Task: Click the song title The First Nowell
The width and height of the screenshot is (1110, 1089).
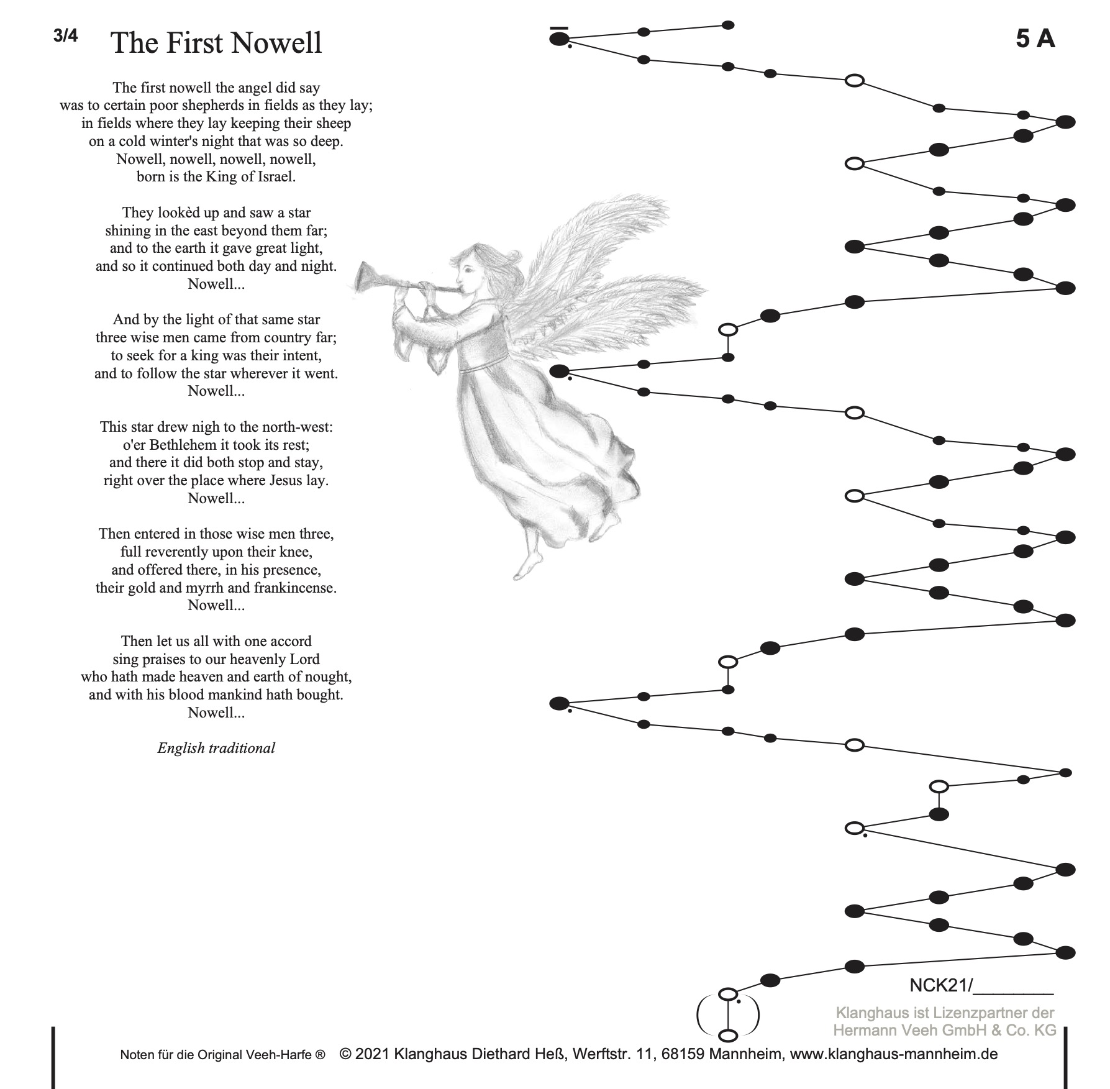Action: [x=216, y=43]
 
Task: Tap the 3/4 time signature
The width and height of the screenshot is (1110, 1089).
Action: [x=66, y=36]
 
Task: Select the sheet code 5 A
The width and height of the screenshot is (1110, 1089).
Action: [x=1035, y=39]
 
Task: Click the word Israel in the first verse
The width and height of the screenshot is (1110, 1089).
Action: [x=274, y=177]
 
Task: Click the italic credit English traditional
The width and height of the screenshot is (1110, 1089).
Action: [x=216, y=748]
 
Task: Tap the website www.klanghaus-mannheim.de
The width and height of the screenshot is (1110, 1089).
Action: [x=894, y=1054]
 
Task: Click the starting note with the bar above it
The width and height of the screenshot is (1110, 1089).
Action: [x=559, y=39]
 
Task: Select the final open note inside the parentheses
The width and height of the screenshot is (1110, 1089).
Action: [x=728, y=1036]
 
